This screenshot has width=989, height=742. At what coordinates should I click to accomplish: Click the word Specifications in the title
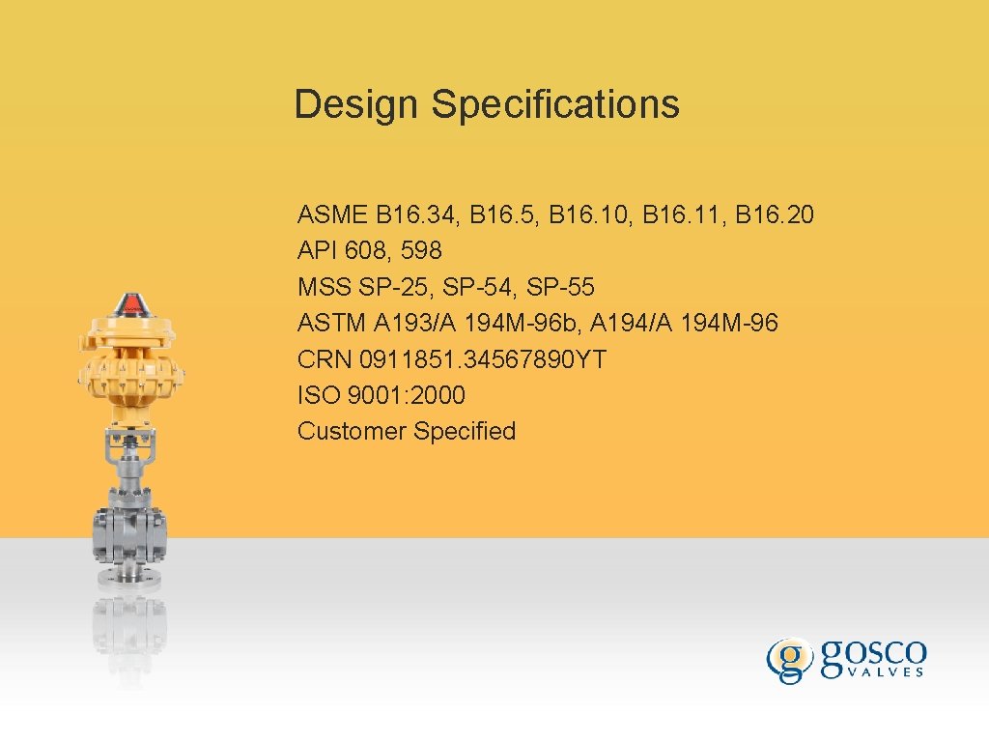point(555,104)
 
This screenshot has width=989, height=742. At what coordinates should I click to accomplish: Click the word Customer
point(352,431)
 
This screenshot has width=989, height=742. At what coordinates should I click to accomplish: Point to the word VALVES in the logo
point(875,672)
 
